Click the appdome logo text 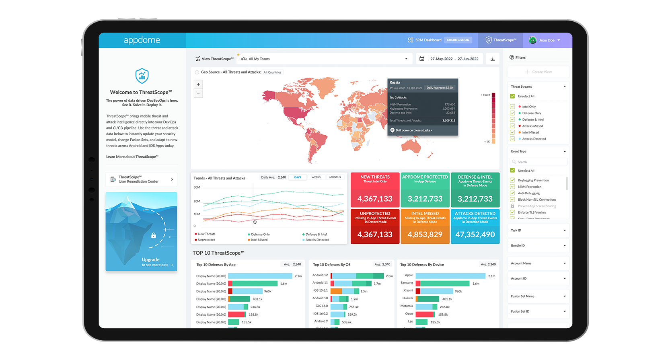click(x=142, y=40)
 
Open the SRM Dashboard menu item click(x=428, y=40)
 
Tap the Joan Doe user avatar click(x=533, y=40)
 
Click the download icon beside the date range click(x=493, y=59)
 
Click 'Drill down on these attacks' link click(x=413, y=130)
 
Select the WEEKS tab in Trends click(x=316, y=177)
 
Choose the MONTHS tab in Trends click(x=335, y=177)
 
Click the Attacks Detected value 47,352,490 click(x=475, y=235)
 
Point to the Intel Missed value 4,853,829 click(x=425, y=235)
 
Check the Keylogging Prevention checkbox click(x=512, y=180)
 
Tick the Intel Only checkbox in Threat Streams click(x=512, y=107)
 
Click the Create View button click(x=538, y=72)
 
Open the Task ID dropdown click(x=538, y=230)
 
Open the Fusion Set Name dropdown click(x=538, y=296)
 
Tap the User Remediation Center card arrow click(x=172, y=179)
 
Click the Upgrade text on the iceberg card click(x=150, y=260)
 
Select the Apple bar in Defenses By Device click(x=450, y=276)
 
